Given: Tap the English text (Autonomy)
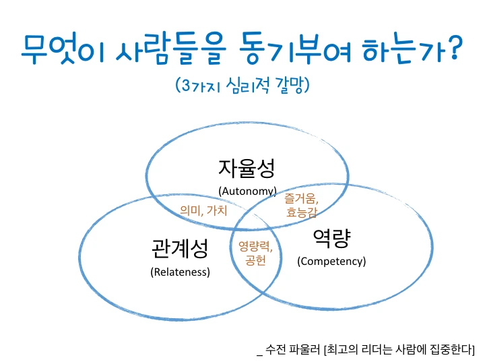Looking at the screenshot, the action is pos(247,191).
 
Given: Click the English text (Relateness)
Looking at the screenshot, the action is pos(180,272).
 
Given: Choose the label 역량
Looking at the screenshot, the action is pos(333,237).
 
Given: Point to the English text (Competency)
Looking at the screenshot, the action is pos(331,261).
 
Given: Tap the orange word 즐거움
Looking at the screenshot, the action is pos(300,199).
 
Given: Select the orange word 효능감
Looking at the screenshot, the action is pos(302,213).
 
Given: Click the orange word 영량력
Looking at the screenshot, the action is pos(255,247).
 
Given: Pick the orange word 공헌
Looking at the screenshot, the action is pos(255,260).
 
